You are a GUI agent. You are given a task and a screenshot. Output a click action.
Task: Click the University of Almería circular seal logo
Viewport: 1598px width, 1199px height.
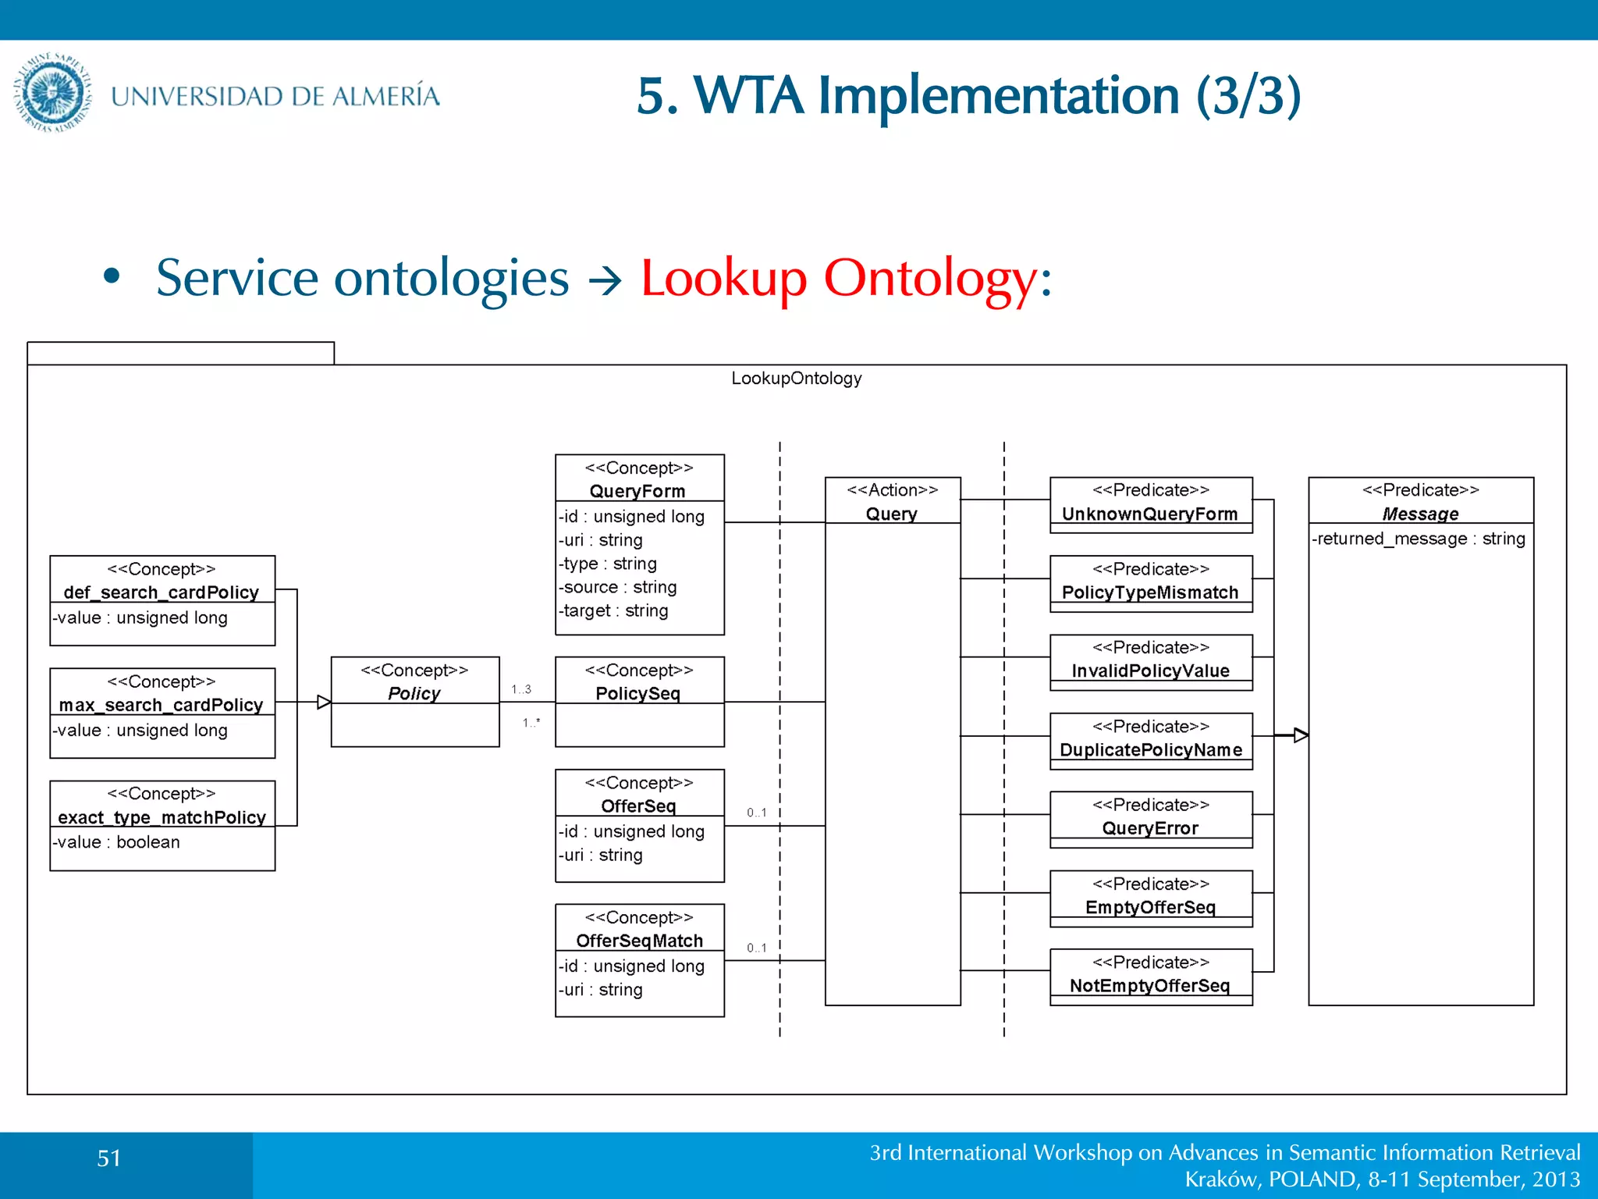53,93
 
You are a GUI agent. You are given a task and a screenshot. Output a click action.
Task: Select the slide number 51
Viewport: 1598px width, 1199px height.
109,1158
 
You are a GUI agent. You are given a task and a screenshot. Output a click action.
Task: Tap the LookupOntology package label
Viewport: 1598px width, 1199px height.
796,379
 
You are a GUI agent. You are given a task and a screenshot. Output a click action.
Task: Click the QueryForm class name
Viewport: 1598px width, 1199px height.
637,491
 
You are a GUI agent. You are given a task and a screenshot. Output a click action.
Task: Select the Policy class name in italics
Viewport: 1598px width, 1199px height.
414,693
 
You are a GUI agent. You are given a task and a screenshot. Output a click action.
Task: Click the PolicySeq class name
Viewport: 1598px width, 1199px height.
637,693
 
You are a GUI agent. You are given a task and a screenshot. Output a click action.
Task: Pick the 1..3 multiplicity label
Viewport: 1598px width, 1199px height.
521,689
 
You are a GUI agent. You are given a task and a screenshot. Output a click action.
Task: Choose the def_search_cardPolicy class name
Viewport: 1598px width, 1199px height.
162,592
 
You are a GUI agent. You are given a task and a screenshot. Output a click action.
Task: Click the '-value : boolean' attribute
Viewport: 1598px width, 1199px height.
117,842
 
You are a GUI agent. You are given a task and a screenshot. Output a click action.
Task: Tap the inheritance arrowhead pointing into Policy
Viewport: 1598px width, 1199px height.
324,703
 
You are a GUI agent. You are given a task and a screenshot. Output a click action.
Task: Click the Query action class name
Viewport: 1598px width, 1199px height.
892,514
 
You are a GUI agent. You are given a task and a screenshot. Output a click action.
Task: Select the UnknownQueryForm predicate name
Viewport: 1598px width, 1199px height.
1150,514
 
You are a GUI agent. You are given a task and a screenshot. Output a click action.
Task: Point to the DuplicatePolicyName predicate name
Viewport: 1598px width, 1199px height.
1150,749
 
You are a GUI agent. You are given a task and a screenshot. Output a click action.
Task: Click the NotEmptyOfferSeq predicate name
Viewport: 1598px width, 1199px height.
1150,985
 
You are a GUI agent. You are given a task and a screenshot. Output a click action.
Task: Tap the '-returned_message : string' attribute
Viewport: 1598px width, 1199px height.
1419,539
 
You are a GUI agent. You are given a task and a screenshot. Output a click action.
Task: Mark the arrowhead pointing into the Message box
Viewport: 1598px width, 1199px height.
1301,735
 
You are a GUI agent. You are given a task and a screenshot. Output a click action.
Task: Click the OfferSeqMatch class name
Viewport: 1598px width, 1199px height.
639,941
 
